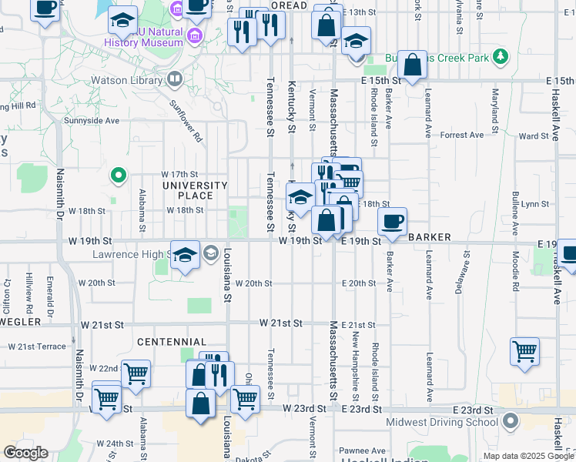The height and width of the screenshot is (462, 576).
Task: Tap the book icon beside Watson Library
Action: tap(175, 79)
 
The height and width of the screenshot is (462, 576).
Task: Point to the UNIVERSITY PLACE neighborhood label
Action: tap(194, 190)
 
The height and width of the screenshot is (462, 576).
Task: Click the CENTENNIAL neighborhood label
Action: tap(172, 341)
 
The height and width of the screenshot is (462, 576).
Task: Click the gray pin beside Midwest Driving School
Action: tap(510, 421)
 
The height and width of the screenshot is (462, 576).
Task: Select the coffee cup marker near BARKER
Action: tap(392, 222)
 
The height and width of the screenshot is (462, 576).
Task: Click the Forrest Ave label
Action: tap(462, 135)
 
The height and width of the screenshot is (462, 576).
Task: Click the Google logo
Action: tap(25, 453)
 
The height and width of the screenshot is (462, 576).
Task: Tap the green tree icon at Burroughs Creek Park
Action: tap(501, 56)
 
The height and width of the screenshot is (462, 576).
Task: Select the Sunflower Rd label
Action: tap(186, 123)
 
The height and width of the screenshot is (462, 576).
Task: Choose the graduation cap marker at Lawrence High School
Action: tap(185, 255)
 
